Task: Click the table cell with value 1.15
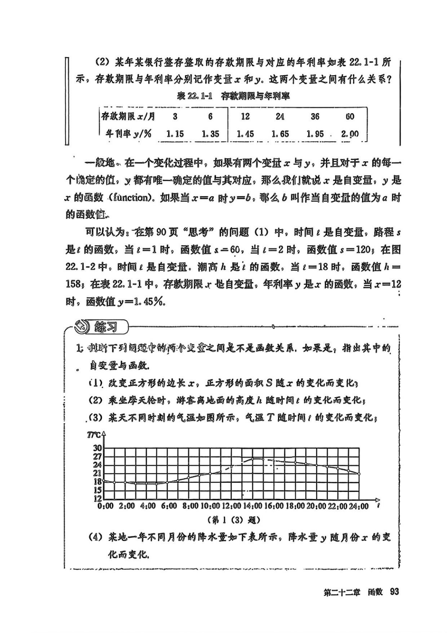click(x=175, y=134)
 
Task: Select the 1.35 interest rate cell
click(x=210, y=134)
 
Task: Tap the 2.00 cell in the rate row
click(x=350, y=134)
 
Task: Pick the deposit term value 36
click(x=315, y=117)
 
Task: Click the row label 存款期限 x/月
click(x=128, y=117)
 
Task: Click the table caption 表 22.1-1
click(x=195, y=96)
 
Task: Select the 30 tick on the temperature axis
click(x=97, y=448)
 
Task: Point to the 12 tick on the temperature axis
click(x=97, y=499)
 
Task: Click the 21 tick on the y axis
click(x=97, y=473)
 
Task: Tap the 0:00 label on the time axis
click(x=105, y=506)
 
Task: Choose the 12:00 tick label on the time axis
click(x=231, y=506)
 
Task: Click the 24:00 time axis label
click(x=359, y=506)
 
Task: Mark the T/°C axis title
click(x=94, y=435)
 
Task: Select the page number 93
click(x=394, y=592)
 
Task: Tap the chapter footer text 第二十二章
click(x=342, y=592)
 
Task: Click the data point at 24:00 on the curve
click(x=359, y=474)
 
